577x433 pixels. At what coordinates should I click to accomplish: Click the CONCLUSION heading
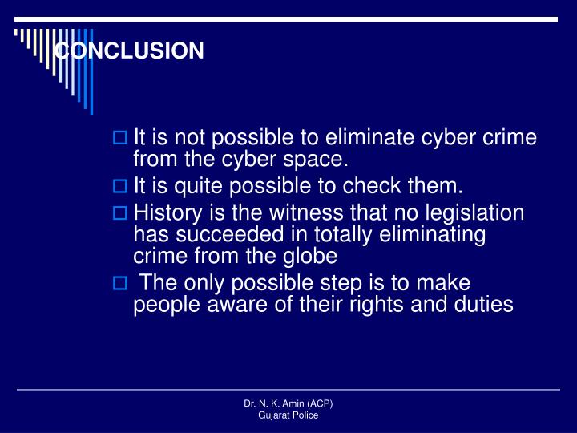click(129, 51)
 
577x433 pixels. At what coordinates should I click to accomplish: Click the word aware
click(226, 305)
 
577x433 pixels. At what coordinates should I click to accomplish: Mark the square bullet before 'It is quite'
click(119, 187)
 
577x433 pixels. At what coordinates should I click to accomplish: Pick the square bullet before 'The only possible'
click(119, 284)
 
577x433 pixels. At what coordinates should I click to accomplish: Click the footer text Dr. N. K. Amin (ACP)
click(288, 404)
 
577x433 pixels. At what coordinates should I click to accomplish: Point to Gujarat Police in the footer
click(288, 415)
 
